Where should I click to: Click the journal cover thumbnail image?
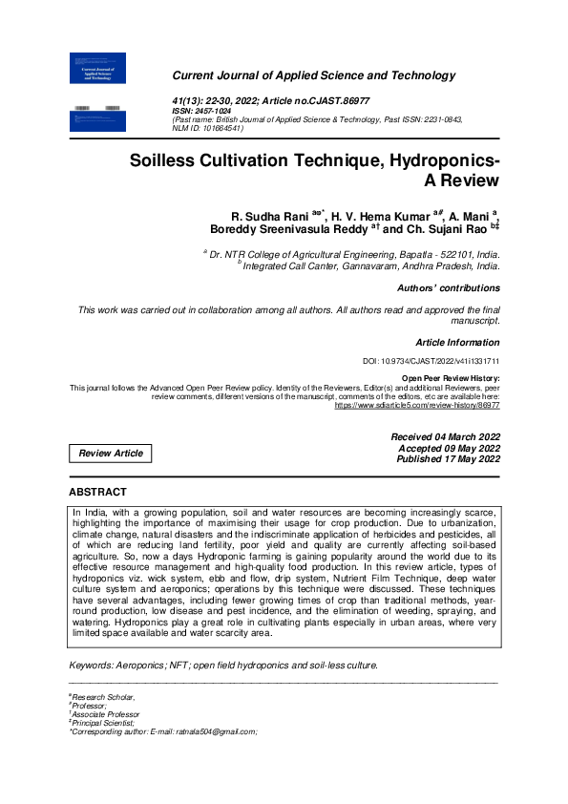(99, 92)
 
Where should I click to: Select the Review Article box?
(110, 454)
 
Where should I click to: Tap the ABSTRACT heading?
(97, 492)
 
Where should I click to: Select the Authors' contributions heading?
(448, 287)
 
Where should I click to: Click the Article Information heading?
(458, 341)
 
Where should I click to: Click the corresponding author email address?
(210, 731)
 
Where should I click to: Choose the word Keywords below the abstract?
(94, 665)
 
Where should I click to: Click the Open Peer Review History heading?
(451, 378)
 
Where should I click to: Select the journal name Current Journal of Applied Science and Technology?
(313, 76)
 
